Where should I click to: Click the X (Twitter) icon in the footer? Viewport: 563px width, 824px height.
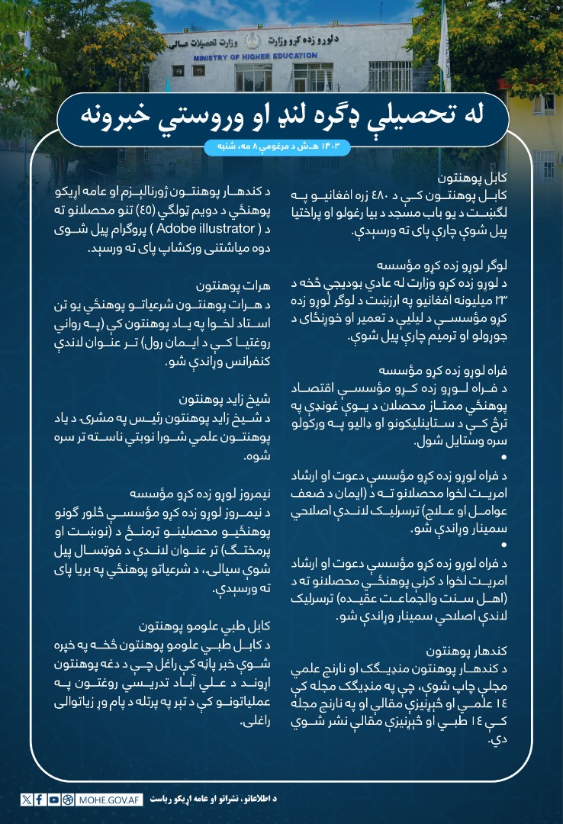(27, 800)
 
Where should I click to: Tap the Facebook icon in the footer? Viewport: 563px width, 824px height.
(40, 800)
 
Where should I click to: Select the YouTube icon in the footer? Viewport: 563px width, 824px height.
(53, 800)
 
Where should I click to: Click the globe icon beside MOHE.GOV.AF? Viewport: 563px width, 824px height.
(69, 800)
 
